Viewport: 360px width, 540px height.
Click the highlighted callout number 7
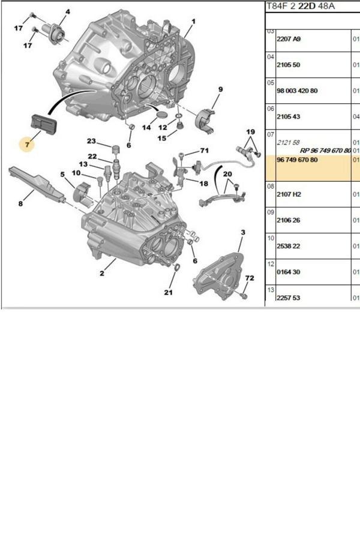(25, 145)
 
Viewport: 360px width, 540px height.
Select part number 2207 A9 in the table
(288, 39)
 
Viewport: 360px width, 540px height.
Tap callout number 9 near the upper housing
(220, 90)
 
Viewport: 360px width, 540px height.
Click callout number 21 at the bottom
(169, 293)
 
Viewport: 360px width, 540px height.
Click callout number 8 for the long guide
(20, 204)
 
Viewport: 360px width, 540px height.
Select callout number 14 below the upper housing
(146, 128)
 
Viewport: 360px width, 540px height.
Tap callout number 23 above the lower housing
(91, 142)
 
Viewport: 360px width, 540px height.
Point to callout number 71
(204, 150)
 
